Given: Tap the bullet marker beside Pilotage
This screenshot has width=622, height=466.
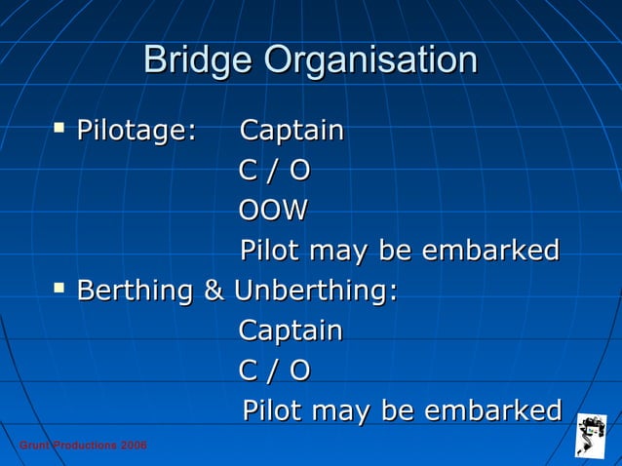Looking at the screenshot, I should [60, 127].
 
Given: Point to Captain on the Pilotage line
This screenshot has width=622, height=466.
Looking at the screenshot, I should [292, 131].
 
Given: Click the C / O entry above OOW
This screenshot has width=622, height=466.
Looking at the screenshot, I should [274, 171].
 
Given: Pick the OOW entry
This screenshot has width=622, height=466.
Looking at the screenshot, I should [273, 211].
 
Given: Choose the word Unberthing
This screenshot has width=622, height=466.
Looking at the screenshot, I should [315, 291].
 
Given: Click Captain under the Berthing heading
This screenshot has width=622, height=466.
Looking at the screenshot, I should [291, 330].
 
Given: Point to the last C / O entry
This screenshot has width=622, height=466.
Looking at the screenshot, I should [274, 370].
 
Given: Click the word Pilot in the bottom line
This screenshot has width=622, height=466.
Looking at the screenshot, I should [270, 409].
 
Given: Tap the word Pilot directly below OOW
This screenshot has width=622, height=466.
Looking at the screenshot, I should [269, 251].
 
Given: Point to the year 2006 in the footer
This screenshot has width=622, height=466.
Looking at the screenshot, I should [134, 446].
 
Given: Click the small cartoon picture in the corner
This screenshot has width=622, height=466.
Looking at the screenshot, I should [590, 435].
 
